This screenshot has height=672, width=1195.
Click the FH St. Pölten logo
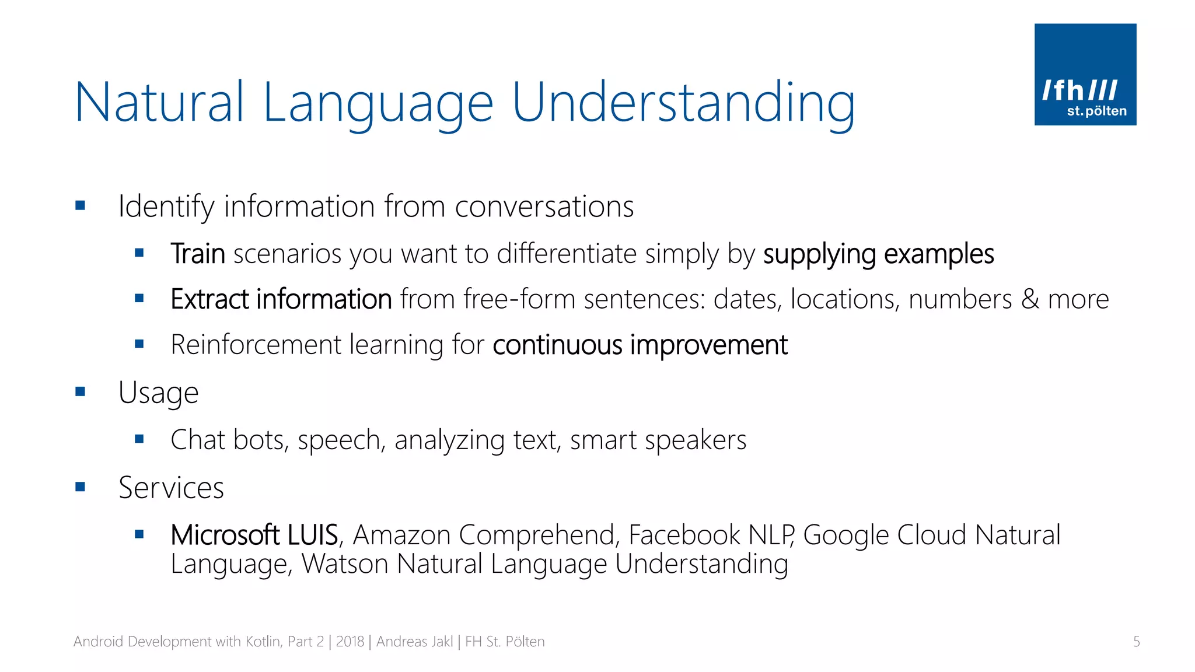[x=1085, y=74]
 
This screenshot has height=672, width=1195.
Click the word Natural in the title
[x=159, y=102]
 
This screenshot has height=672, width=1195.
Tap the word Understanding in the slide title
[x=683, y=103]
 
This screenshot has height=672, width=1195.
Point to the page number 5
[x=1136, y=642]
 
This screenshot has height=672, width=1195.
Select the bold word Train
[x=198, y=254]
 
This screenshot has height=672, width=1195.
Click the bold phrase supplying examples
[x=878, y=254]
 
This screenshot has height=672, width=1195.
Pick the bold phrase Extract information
[x=281, y=299]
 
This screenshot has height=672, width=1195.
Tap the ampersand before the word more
[x=1030, y=299]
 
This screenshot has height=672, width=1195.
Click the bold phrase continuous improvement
[x=640, y=345]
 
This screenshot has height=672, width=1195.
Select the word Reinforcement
[x=256, y=345]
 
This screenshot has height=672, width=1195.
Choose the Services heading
[x=171, y=488]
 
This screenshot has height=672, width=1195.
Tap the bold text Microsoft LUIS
[x=254, y=535]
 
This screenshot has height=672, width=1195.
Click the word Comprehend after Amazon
[x=536, y=535]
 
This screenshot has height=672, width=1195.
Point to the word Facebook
[x=684, y=535]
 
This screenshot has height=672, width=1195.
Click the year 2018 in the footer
[x=350, y=642]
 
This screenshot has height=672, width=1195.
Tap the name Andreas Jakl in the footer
[x=414, y=642]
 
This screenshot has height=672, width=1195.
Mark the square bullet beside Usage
[x=81, y=391]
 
